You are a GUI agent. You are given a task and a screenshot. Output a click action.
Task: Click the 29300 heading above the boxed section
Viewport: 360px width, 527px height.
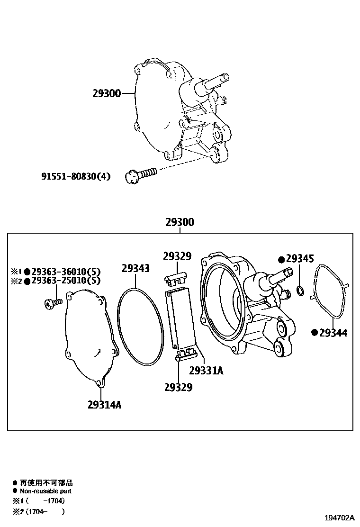180,222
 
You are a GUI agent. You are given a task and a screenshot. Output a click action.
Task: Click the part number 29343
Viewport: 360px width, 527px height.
135,269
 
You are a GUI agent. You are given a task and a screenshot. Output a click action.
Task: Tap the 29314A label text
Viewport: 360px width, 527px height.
104,405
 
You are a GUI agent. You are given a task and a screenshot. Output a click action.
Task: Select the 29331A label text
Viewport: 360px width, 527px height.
206,371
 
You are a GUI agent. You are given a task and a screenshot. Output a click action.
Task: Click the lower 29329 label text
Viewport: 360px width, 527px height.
178,388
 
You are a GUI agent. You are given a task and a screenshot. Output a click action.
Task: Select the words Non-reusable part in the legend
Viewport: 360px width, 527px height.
45,491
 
